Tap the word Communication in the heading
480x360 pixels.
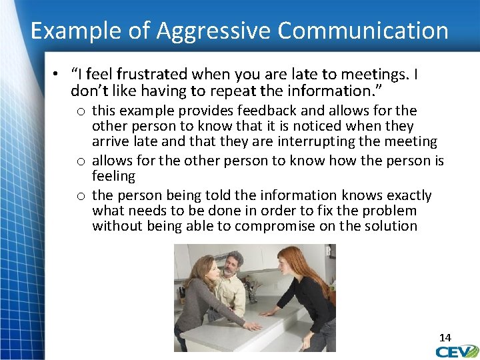coord(363,31)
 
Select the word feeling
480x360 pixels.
coord(113,176)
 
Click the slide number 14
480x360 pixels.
coord(445,337)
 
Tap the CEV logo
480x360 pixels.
coord(458,351)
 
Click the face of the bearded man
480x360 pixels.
coord(231,266)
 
